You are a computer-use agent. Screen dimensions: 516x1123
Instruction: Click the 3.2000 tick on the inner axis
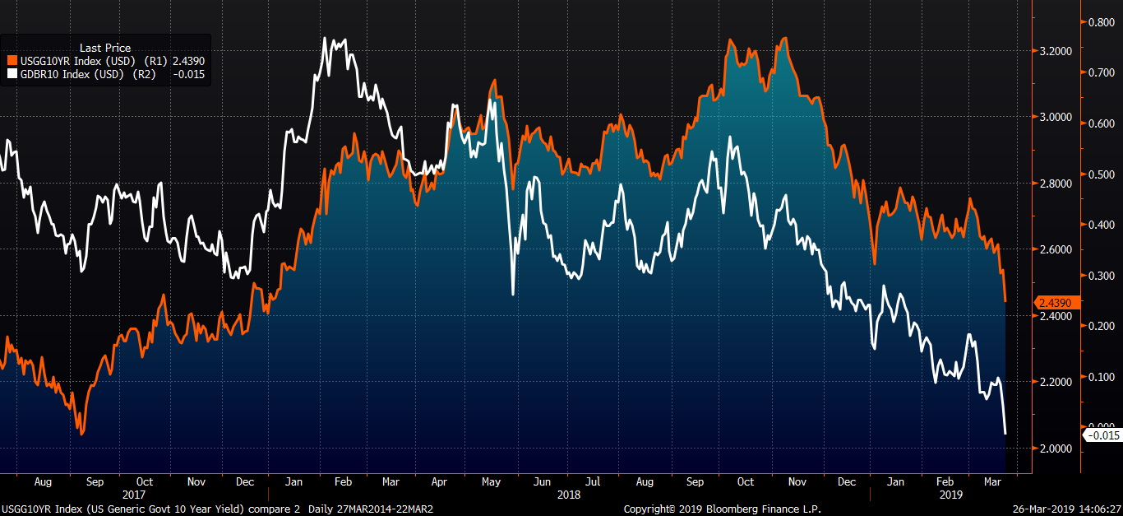coord(1055,51)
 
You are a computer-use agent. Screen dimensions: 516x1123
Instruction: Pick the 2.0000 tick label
coord(1055,449)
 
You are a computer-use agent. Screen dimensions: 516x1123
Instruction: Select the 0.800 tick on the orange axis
coord(1101,22)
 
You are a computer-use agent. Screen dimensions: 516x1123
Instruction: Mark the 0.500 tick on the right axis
coord(1101,174)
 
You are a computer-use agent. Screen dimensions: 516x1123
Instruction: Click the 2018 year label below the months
coord(568,495)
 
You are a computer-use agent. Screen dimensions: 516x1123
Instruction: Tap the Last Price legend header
coord(104,48)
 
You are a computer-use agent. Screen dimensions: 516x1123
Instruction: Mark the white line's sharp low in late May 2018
coord(512,293)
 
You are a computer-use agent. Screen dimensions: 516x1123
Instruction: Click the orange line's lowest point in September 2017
coord(81,433)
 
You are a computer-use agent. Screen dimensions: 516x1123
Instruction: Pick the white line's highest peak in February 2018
coord(325,38)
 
